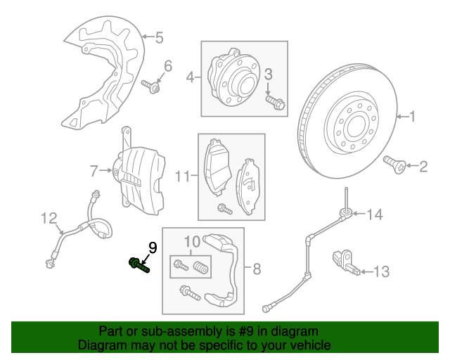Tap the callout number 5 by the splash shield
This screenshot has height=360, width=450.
(x=160, y=37)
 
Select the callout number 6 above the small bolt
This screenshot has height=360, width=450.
(x=168, y=66)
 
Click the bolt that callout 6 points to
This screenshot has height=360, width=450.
(x=150, y=86)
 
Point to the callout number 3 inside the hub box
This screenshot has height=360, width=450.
(x=268, y=75)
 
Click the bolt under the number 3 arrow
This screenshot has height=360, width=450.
(x=275, y=103)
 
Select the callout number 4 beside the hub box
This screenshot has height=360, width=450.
(x=191, y=77)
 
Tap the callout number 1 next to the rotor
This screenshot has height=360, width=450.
(x=412, y=117)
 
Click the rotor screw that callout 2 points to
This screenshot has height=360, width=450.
(x=394, y=165)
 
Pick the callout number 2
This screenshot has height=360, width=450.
(x=423, y=167)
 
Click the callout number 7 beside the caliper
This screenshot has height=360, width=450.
(x=94, y=171)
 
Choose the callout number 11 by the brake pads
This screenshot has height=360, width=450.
(x=183, y=176)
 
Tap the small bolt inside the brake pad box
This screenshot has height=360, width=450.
(x=225, y=209)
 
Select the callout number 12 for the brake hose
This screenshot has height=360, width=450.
(x=49, y=219)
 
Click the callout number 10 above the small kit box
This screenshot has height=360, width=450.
(x=192, y=242)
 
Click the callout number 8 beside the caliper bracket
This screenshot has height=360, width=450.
(x=257, y=269)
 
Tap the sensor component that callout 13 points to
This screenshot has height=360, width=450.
(x=346, y=262)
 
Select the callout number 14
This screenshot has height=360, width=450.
(x=375, y=214)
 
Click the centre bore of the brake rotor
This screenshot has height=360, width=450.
(x=356, y=127)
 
